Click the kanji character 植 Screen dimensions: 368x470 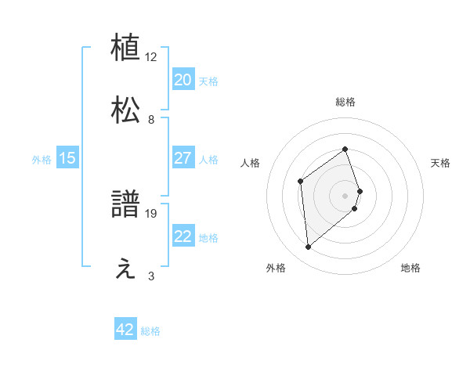126,47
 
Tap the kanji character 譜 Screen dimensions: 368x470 126,205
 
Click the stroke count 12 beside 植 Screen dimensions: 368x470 151,57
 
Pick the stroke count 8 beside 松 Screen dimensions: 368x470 151,120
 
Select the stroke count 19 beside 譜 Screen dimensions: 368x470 151,213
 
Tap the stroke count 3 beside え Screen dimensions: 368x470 151,276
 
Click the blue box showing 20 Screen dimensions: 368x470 183,80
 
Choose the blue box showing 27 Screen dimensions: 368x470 183,158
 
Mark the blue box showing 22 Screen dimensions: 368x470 183,236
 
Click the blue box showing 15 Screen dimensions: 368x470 67,158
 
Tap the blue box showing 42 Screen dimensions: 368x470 125,330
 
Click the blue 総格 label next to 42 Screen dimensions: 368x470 150,331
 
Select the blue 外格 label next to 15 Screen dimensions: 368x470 42,160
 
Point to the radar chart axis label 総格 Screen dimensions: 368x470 345,102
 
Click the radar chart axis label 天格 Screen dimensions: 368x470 441,163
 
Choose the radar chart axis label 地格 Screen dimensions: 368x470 410,268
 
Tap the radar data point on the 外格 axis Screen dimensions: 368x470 309,247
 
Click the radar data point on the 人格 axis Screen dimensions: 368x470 301,182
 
